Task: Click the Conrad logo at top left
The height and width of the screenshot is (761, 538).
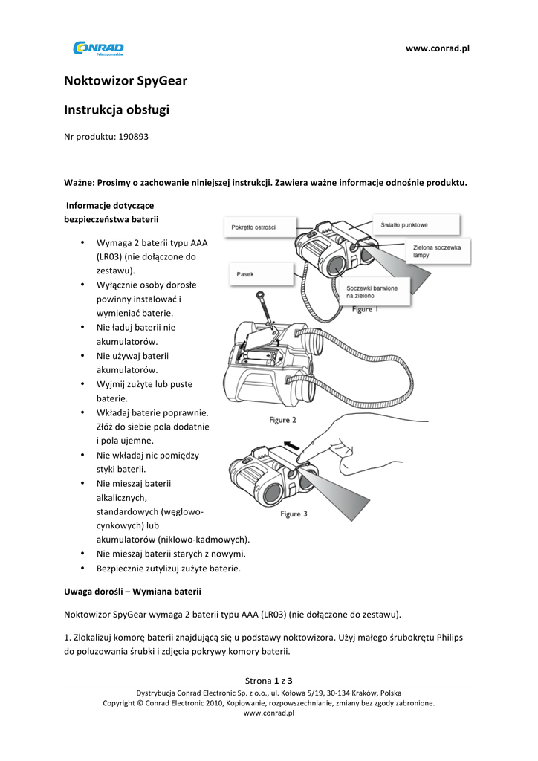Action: click(98, 48)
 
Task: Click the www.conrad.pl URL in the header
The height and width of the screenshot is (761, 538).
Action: click(438, 49)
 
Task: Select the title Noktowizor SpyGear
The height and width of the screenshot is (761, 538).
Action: click(125, 80)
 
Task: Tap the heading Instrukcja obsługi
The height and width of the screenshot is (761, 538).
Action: click(117, 110)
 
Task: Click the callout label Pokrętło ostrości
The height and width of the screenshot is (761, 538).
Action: click(253, 227)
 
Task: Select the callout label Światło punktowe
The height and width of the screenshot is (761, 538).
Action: click(404, 224)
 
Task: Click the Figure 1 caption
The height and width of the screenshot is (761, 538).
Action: click(363, 309)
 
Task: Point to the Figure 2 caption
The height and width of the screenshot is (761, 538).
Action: click(282, 420)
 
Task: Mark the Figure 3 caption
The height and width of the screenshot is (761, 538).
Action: click(294, 514)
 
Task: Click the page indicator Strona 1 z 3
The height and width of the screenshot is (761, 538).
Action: click(268, 680)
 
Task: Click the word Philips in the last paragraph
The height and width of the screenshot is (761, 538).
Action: click(455, 637)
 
